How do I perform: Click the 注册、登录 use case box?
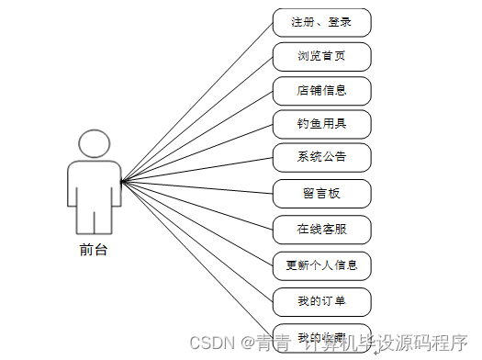point(321,21)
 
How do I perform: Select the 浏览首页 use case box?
point(321,56)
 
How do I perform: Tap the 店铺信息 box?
point(321,91)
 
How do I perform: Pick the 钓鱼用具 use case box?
point(321,122)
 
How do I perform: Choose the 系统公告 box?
point(321,156)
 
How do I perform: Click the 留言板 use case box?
point(321,193)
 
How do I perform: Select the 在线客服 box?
point(321,227)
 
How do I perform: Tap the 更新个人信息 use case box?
point(321,266)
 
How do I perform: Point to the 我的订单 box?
point(321,301)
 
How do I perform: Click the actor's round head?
point(94,145)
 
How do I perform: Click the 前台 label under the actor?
point(94,249)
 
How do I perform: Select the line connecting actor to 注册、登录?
point(196,101)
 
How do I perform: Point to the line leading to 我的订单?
point(196,240)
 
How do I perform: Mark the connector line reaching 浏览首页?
point(196,118)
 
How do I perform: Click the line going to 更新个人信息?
point(196,222)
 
